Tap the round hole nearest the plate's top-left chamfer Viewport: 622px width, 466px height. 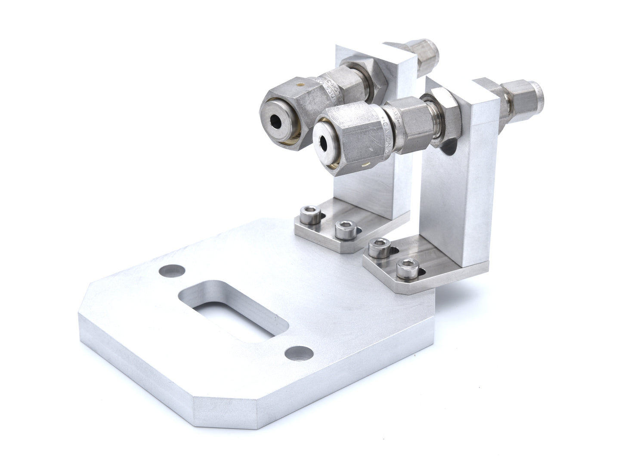click(172, 271)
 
